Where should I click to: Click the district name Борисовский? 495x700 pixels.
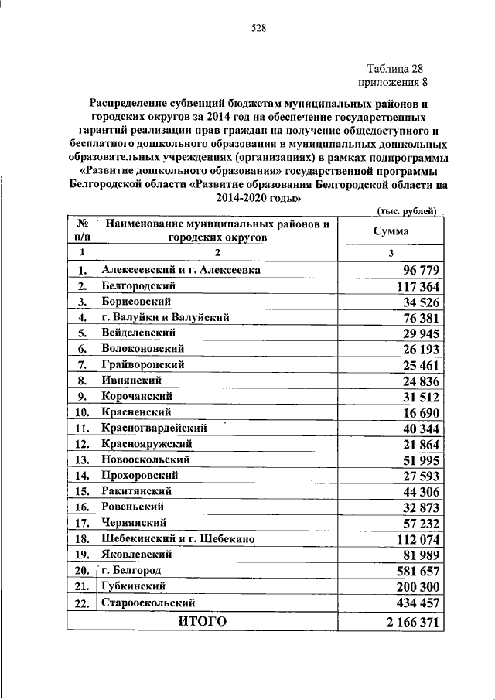pos(135,301)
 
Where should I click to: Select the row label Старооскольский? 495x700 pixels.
pos(146,602)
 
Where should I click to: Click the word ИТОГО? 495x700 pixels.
pos(202,621)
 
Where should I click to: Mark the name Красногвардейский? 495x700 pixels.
pos(153,428)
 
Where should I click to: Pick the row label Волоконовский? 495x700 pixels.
pos(143,349)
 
